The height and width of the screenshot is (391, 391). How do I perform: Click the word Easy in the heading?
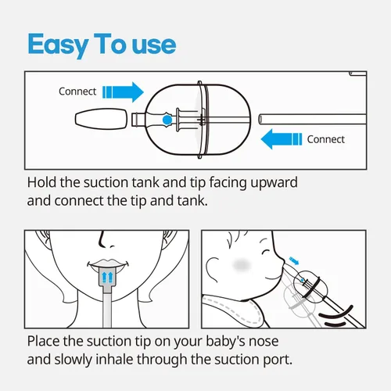pyautogui.click(x=58, y=45)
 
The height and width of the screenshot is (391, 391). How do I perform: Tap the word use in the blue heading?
pyautogui.click(x=154, y=45)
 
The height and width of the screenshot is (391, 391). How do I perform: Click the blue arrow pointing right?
pyautogui.click(x=123, y=92)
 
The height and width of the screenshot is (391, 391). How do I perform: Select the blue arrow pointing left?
pyautogui.click(x=282, y=139)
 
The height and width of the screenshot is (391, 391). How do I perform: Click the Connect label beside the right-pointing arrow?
pyautogui.click(x=77, y=91)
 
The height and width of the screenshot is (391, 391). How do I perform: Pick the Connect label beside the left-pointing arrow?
pyautogui.click(x=326, y=139)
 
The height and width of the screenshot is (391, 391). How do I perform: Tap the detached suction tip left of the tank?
pyautogui.click(x=101, y=119)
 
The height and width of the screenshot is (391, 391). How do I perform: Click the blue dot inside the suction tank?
pyautogui.click(x=167, y=120)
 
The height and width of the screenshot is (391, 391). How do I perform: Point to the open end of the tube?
pyautogui.click(x=260, y=120)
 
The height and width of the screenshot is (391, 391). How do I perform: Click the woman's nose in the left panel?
pyautogui.click(x=106, y=241)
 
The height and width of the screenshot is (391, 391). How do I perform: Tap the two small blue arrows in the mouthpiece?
pyautogui.click(x=107, y=278)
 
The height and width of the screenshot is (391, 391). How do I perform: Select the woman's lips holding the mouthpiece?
pyautogui.click(x=108, y=264)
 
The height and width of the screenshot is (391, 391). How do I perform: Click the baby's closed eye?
pyautogui.click(x=266, y=252)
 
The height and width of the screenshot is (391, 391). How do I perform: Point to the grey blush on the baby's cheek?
pyautogui.click(x=242, y=265)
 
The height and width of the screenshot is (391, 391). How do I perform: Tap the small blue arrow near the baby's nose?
pyautogui.click(x=294, y=260)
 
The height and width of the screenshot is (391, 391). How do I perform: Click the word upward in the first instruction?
pyautogui.click(x=274, y=183)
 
